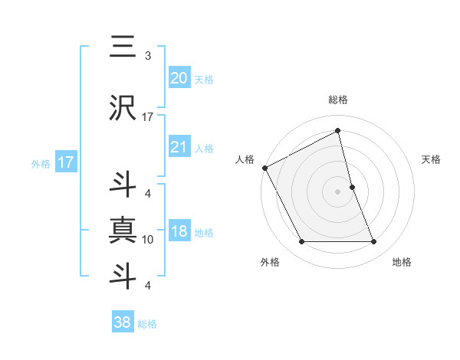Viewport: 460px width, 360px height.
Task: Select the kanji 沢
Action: point(123,108)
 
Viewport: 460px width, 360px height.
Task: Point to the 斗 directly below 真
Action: point(123,275)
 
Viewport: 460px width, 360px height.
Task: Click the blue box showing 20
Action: point(179,77)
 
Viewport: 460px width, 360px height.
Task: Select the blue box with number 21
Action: point(179,147)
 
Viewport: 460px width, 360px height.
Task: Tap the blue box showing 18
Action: point(179,231)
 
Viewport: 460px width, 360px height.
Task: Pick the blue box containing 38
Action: point(122,322)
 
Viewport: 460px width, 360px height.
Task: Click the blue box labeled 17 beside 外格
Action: point(65,162)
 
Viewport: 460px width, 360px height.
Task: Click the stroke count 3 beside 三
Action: point(148,56)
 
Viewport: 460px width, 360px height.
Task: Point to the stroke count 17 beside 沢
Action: point(148,117)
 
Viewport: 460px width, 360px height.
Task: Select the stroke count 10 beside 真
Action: point(148,240)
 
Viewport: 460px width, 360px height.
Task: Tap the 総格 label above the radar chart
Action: point(337,100)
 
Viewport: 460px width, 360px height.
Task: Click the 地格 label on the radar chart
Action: point(402,262)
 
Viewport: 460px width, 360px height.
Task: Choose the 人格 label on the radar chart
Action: point(245,159)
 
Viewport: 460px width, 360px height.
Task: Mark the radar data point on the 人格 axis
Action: point(264,168)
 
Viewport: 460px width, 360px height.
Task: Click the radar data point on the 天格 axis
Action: point(352,187)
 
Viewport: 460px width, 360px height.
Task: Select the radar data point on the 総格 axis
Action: point(337,131)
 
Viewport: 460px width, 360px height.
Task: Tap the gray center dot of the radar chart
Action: point(337,191)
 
